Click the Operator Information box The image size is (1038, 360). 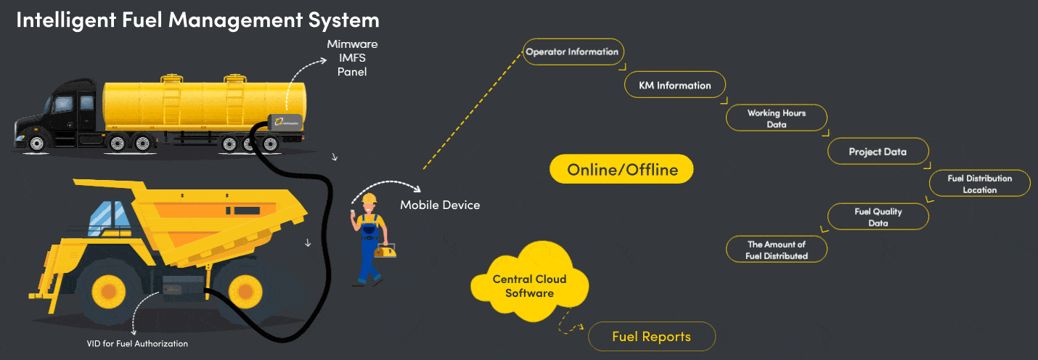click(x=573, y=52)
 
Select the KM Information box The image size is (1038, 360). click(x=675, y=86)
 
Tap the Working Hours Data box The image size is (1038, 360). click(x=777, y=118)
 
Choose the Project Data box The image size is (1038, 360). click(x=878, y=152)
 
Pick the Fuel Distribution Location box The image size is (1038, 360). click(x=980, y=184)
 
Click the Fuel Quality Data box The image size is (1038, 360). click(x=878, y=217)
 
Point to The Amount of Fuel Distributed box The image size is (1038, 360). click(x=777, y=250)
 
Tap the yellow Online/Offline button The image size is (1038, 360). click(x=622, y=171)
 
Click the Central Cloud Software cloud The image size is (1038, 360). click(x=529, y=286)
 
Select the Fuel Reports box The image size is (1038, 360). click(x=652, y=337)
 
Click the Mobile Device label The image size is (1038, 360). click(x=440, y=205)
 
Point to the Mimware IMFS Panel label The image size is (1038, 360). click(x=352, y=58)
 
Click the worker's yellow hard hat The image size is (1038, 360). click(x=369, y=199)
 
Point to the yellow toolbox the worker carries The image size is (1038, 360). click(x=386, y=250)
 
